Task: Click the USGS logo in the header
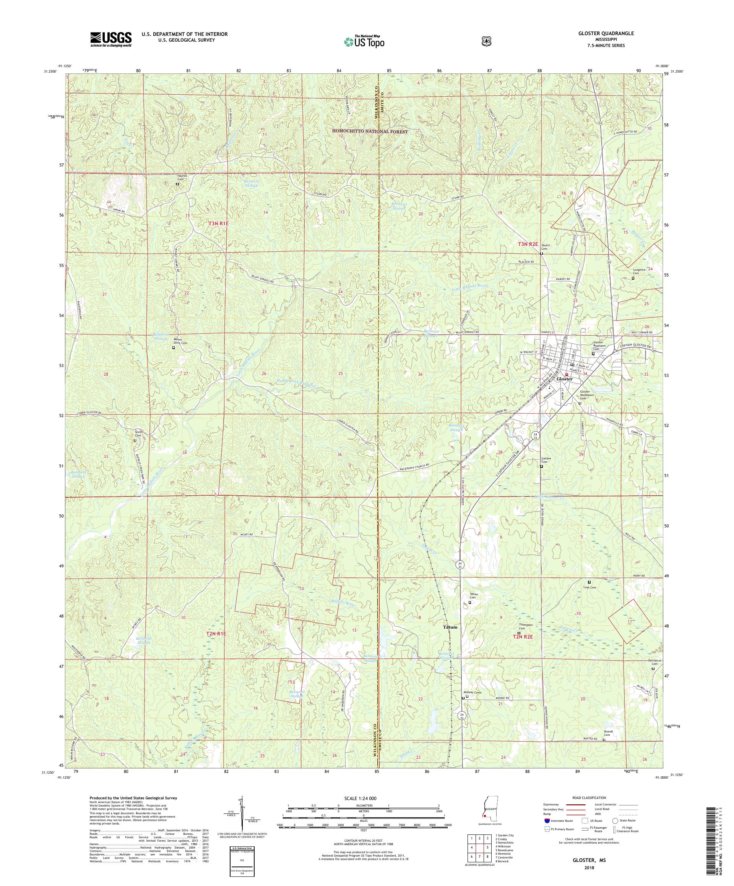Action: [110, 40]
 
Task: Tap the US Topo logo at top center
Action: [364, 42]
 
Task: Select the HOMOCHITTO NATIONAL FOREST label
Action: [370, 132]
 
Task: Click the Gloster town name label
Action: [565, 379]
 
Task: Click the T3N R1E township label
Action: [218, 224]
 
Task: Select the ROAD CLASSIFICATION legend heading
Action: [588, 798]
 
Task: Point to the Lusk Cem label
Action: [589, 587]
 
